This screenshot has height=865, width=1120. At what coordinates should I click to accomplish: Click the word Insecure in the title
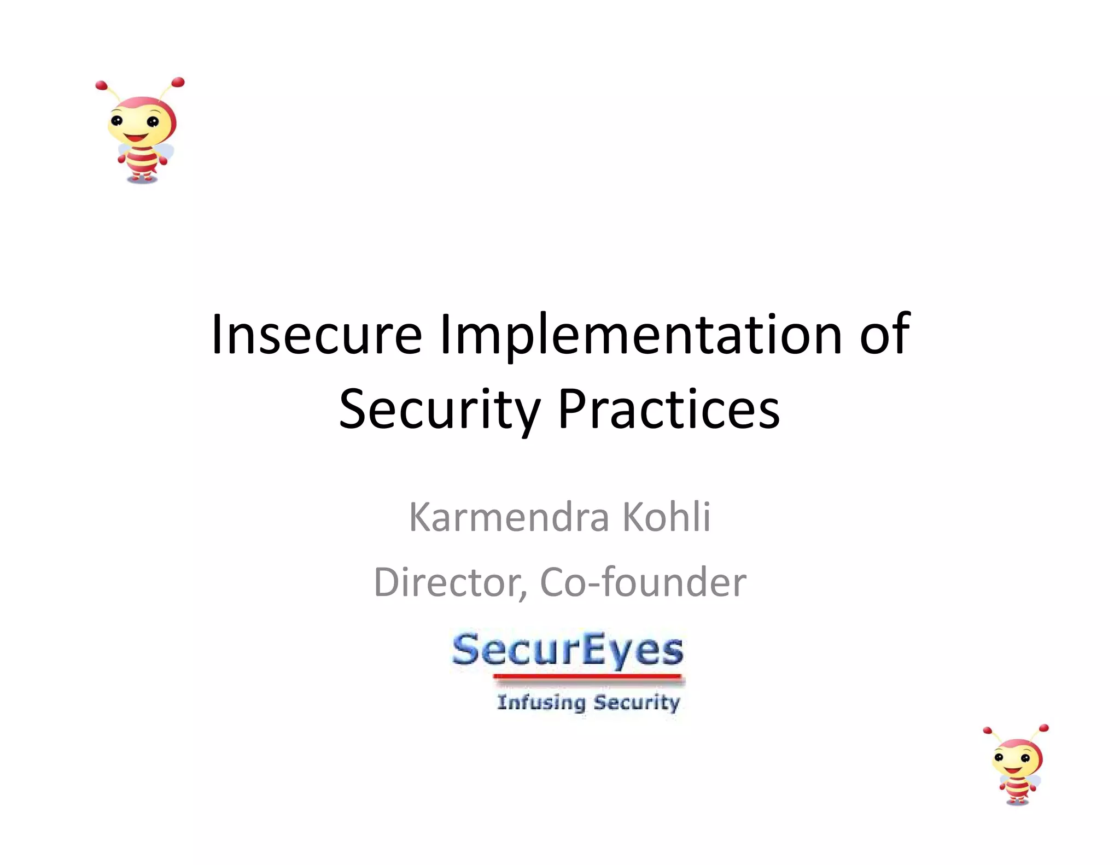(x=316, y=334)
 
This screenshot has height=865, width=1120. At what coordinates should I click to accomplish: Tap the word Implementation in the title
(x=641, y=334)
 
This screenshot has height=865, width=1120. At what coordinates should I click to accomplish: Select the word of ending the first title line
(x=884, y=334)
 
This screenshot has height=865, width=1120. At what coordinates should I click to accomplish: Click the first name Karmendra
(x=509, y=517)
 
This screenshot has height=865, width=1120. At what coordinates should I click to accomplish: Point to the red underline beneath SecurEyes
(x=588, y=677)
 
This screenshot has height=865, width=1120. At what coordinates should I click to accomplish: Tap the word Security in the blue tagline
(x=637, y=702)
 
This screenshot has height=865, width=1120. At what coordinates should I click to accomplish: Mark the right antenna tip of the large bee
(x=178, y=83)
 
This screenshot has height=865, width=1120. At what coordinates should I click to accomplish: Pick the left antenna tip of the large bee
(x=101, y=85)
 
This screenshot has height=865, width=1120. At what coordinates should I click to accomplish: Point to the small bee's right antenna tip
(x=1043, y=728)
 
